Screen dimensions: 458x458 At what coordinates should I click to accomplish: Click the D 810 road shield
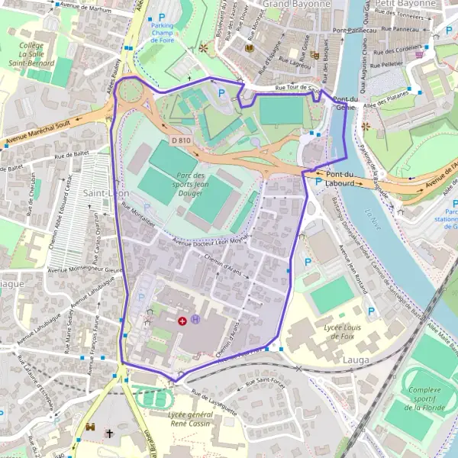click(180, 140)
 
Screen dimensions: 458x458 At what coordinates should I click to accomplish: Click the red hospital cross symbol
click(182, 321)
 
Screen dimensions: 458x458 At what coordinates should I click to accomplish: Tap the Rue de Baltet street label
click(73, 156)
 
